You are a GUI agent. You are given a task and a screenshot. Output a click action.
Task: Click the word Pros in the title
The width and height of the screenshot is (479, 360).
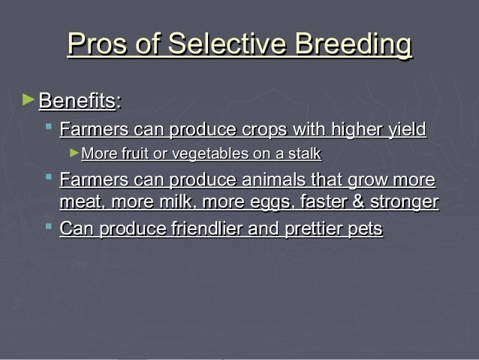click(97, 44)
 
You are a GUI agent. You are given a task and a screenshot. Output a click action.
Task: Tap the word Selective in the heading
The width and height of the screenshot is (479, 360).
click(227, 44)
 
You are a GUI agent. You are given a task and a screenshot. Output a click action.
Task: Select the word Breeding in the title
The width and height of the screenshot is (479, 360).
click(354, 45)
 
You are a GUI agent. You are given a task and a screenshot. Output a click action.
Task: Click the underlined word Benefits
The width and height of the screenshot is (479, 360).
click(77, 100)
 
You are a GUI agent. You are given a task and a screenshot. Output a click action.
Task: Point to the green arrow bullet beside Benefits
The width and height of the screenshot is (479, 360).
click(29, 99)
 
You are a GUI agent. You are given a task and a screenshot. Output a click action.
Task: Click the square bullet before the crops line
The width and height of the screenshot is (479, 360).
click(49, 126)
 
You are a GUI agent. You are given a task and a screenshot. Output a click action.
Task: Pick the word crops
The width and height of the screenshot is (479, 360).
click(264, 130)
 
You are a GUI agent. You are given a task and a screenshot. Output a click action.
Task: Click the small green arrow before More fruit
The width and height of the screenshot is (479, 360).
click(74, 153)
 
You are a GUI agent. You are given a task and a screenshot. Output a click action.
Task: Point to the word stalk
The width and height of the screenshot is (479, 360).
click(305, 153)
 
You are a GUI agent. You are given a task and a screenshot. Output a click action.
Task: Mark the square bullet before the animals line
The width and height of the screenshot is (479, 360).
click(49, 177)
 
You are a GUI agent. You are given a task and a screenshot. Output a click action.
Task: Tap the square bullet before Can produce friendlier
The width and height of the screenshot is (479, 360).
click(49, 226)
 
